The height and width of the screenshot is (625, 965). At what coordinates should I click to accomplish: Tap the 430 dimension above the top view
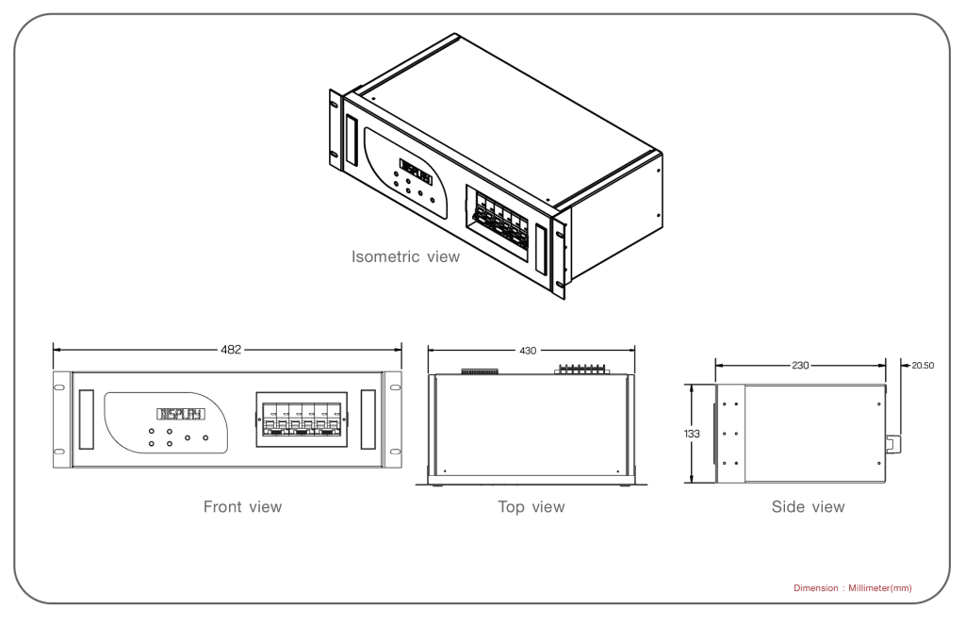point(528,350)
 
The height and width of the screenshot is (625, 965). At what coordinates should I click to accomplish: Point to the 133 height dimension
point(690,435)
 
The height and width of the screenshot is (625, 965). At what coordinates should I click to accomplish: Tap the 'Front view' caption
point(242,507)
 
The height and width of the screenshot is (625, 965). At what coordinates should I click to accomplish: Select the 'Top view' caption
point(532,507)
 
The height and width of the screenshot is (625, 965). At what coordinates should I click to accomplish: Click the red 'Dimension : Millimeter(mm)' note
point(852,589)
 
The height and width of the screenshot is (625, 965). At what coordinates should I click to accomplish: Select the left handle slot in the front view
point(88,419)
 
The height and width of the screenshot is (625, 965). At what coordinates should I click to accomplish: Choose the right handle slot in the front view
point(367,419)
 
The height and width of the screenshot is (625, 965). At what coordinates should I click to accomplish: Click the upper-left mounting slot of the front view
point(60,386)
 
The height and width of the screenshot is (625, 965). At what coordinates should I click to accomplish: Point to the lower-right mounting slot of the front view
point(393,453)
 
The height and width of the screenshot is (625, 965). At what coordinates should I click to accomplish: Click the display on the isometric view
point(416,173)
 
